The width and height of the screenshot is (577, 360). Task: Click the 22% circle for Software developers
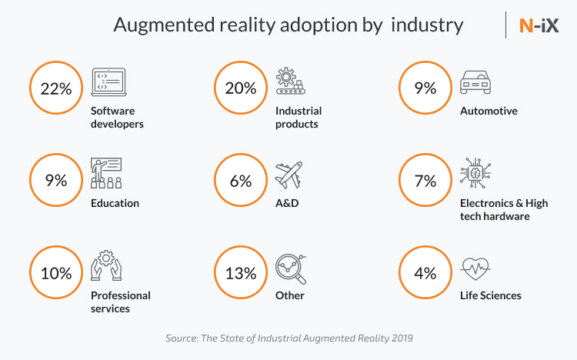coord(55,88)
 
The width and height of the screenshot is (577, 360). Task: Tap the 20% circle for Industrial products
coord(241,88)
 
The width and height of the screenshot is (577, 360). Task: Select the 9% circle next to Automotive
coord(425,88)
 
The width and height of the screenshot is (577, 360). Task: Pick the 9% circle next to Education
coord(55,181)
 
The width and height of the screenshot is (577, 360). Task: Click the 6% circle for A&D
coord(241,181)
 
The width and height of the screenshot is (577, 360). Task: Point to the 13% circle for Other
coord(241,273)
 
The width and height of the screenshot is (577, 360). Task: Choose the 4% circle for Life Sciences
coord(425,273)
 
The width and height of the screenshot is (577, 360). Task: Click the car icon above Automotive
coord(475,82)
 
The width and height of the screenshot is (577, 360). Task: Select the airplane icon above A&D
coord(289,175)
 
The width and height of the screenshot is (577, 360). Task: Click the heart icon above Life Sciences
coord(474,268)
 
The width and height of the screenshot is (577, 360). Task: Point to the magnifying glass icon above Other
coord(290,267)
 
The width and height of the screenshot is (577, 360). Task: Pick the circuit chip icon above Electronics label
coord(475,174)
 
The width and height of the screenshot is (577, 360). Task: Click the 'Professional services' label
coord(121,302)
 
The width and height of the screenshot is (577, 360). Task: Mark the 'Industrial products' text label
coord(299,117)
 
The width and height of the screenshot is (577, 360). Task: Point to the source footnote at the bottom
coord(288,338)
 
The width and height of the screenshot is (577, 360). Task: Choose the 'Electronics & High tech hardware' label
coord(504,209)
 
